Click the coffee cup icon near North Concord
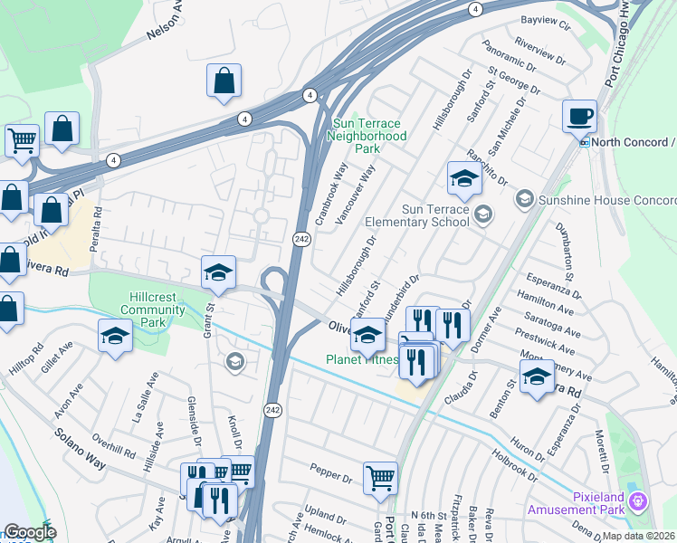[x=579, y=117]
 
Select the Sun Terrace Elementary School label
[x=417, y=214]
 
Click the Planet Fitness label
[x=362, y=359]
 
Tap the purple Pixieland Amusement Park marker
[x=638, y=500]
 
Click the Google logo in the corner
[x=30, y=532]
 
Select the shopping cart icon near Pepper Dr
[x=380, y=478]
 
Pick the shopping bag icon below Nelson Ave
[x=224, y=81]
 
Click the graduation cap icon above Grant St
[x=218, y=272]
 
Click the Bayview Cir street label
[x=547, y=19]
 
